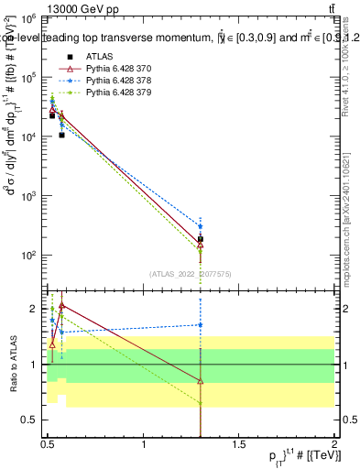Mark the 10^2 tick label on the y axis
coord(30,255)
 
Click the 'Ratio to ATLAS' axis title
coord(12,365)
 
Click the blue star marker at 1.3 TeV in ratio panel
coord(201,325)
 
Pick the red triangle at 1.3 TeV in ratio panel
coord(201,381)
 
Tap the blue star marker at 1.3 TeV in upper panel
coord(201,226)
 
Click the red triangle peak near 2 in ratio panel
coord(61,305)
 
